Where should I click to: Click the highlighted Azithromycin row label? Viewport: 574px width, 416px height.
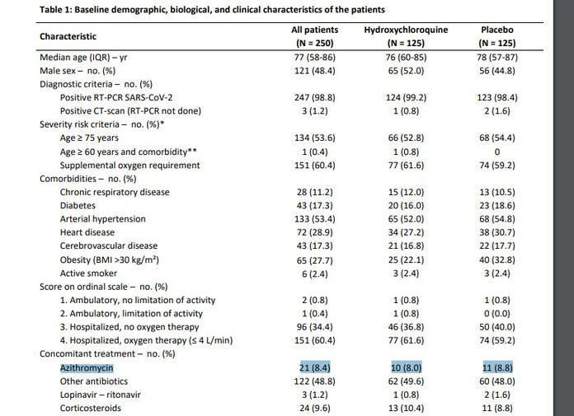click(87, 367)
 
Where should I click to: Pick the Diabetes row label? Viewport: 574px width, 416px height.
click(78, 205)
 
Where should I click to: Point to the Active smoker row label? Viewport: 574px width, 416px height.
click(88, 273)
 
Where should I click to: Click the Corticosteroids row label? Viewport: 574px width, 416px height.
click(91, 408)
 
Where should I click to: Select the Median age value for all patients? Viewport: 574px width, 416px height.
click(315, 58)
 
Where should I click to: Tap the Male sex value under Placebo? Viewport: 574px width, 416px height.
click(497, 71)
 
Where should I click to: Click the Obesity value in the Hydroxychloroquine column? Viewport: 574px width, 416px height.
click(406, 260)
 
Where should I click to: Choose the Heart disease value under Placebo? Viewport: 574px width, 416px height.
click(497, 232)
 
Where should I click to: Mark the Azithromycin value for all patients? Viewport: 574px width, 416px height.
click(315, 367)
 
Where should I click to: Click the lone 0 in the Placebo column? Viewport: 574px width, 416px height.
click(497, 152)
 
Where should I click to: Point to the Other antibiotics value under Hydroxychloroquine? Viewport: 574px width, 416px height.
click(406, 381)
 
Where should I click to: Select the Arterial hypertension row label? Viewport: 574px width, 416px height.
click(103, 219)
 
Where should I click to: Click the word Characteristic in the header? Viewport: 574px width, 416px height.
click(68, 36)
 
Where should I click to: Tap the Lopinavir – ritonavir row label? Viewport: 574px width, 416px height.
click(101, 395)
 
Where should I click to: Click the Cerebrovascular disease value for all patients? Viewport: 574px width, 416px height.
click(315, 246)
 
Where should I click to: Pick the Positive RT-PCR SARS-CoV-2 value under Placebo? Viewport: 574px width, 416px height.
click(497, 97)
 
